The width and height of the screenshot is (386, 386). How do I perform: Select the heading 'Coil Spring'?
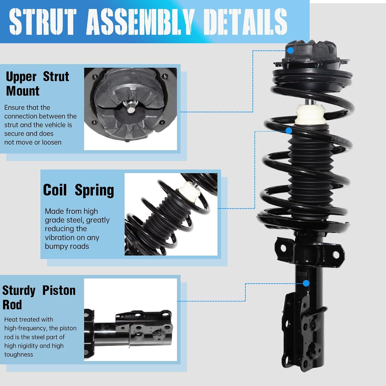78,190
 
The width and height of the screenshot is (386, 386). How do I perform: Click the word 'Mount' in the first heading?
23,91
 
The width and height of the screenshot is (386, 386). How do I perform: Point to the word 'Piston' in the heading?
59,290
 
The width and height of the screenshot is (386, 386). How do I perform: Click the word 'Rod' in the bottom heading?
12,305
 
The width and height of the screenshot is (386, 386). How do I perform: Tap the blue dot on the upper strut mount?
290,50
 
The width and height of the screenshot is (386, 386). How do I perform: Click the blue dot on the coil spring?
289,131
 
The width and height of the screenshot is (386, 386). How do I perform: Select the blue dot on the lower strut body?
306,283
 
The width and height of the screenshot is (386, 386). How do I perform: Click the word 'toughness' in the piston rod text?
19,355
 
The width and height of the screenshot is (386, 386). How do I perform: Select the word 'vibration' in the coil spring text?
57,238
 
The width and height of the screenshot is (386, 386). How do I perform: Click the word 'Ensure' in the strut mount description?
14,108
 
